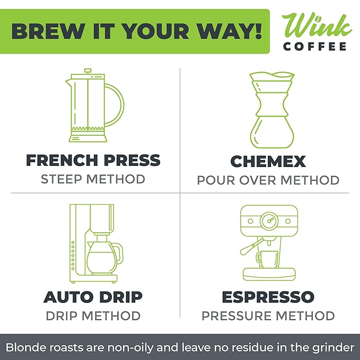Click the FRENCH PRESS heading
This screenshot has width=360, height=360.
coord(93,160)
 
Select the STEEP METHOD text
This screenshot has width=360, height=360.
coord(93,179)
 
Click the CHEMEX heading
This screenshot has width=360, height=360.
coord(268,161)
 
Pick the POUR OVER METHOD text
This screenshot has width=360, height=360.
coord(268,180)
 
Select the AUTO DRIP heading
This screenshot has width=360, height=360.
coord(93,296)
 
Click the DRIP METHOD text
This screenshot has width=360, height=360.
coord(93,316)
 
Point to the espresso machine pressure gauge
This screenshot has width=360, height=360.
coord(269,219)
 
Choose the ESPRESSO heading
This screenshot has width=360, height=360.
coord(268,296)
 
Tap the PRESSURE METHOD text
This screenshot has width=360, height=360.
coord(268,316)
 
